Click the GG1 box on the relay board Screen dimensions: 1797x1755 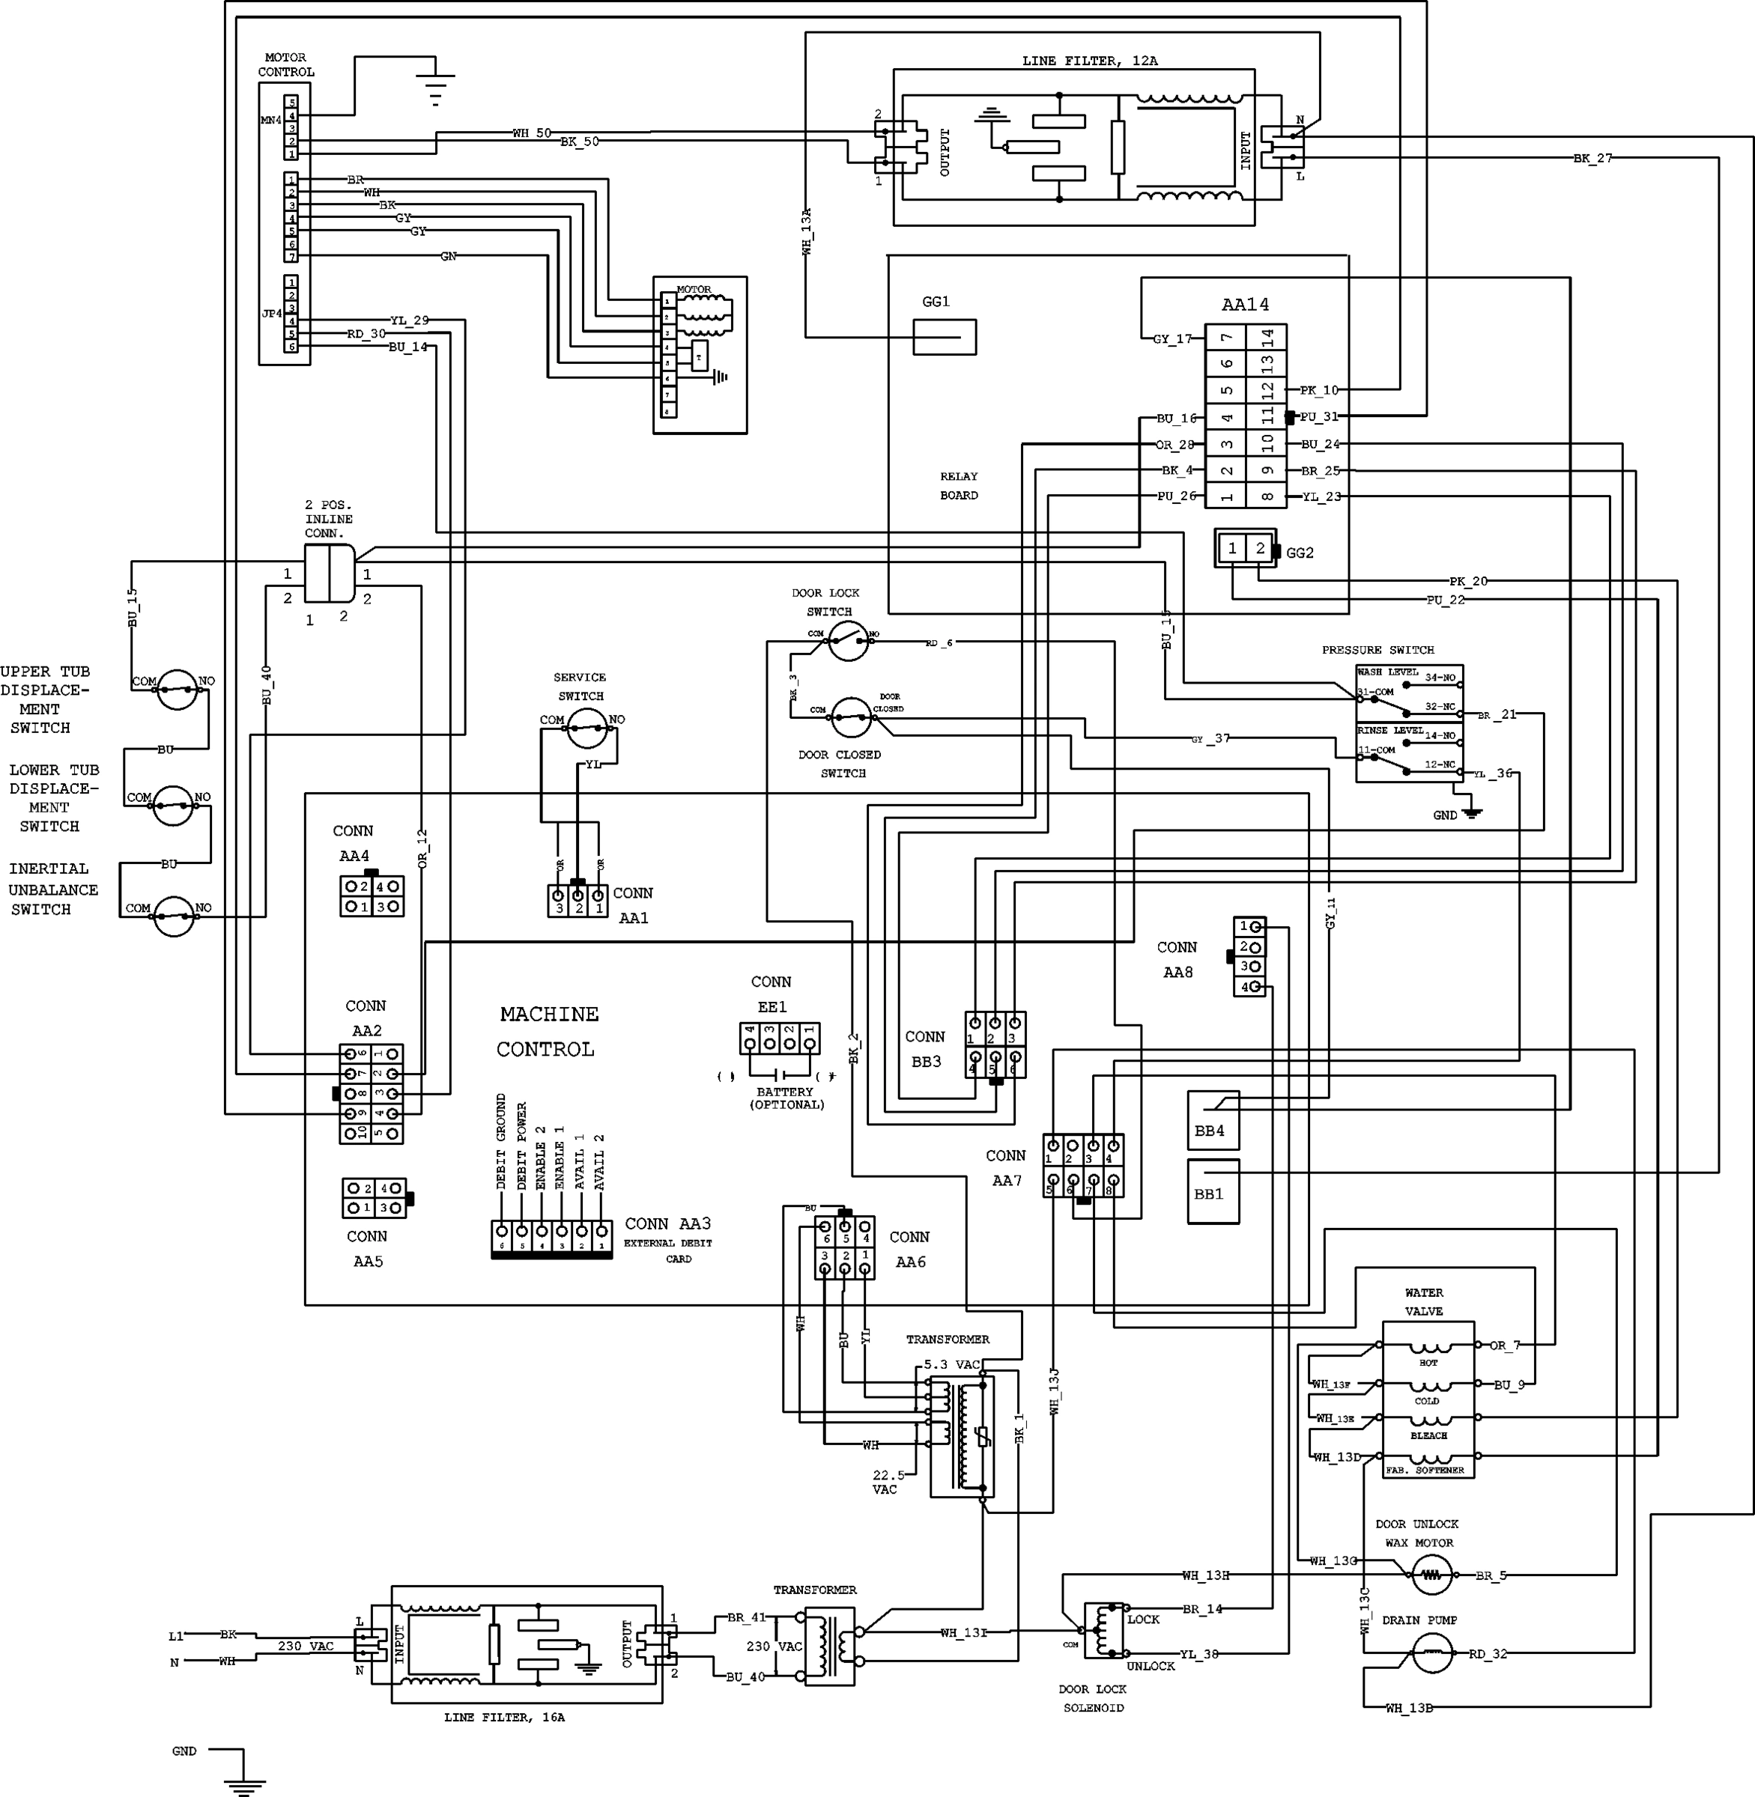[x=944, y=336]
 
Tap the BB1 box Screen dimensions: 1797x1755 [x=1212, y=1191]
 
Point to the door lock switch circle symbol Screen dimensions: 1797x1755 [x=848, y=639]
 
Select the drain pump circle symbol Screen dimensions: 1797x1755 [x=1431, y=1653]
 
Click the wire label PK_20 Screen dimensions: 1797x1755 [x=1467, y=582]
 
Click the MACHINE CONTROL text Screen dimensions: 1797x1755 [x=548, y=1031]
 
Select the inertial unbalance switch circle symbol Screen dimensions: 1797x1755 [x=175, y=915]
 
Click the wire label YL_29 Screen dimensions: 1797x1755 [x=408, y=320]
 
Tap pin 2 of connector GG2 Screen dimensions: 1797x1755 [x=1259, y=548]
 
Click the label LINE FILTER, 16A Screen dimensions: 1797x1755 [x=503, y=1717]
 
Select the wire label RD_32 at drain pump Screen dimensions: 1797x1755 [x=1487, y=1653]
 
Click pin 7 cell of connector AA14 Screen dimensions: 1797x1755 [x=1226, y=337]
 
